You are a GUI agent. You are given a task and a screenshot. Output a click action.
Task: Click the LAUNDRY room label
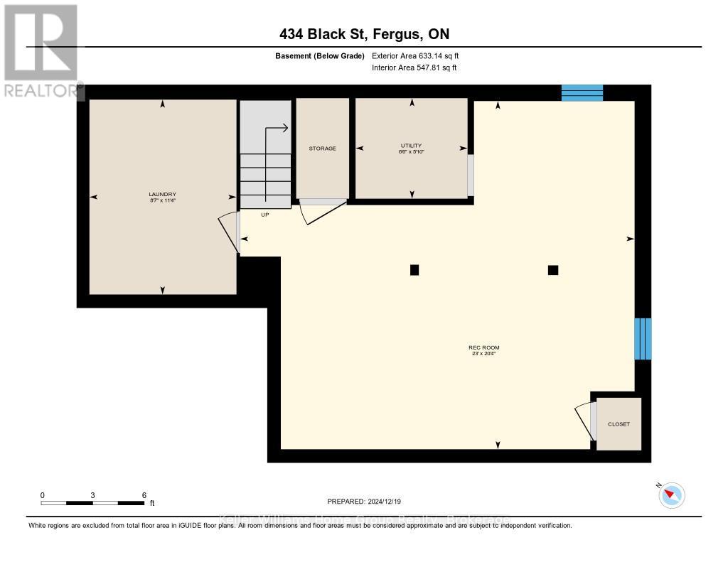(x=162, y=195)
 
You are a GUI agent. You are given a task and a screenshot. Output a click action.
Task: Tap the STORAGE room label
(x=322, y=148)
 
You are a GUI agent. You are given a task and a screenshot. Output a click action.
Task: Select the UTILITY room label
(x=411, y=146)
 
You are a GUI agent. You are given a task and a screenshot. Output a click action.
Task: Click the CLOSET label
(x=619, y=424)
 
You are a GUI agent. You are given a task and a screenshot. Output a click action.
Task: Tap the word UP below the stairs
(x=264, y=214)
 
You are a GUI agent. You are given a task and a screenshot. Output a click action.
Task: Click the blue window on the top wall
(x=582, y=93)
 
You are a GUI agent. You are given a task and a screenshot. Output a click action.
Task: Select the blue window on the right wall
(x=643, y=338)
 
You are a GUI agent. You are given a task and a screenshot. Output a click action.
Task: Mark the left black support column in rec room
(x=414, y=270)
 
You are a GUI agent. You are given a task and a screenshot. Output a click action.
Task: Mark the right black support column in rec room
(x=553, y=270)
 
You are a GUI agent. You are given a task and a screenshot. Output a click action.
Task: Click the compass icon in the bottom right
(x=671, y=495)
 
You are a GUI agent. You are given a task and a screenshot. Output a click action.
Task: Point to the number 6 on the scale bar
(x=144, y=495)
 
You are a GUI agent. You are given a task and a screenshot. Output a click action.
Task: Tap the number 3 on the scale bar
(x=93, y=495)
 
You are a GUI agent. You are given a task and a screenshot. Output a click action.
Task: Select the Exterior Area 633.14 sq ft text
(x=419, y=55)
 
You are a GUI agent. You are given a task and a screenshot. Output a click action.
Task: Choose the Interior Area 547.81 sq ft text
(x=414, y=67)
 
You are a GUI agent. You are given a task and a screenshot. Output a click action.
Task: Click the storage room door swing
(x=320, y=211)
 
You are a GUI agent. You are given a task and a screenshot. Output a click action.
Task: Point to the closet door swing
(x=584, y=422)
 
